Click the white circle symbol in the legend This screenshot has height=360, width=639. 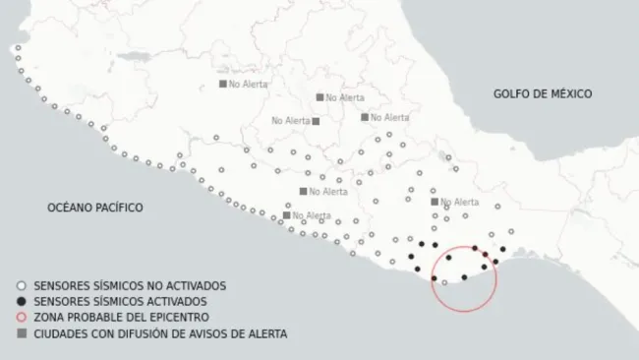(23, 284)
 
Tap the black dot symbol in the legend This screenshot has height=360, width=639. (23, 300)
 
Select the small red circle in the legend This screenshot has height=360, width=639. (23, 317)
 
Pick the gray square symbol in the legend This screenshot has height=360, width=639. (23, 333)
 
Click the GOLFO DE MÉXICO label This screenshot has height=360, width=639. (542, 93)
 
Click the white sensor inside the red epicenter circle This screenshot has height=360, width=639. (445, 281)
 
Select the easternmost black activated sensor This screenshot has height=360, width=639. (503, 250)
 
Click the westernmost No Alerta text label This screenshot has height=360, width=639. (246, 84)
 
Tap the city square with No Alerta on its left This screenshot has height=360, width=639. (316, 121)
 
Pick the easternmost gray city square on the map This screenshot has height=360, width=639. (435, 202)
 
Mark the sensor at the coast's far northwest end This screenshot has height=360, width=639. (14, 47)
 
